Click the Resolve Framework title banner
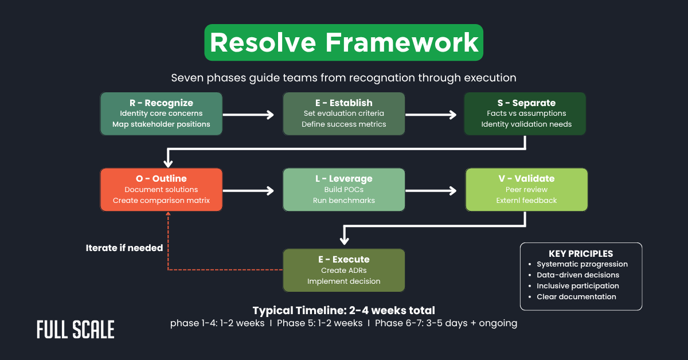(x=343, y=42)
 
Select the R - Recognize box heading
(x=161, y=103)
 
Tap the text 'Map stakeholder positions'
(x=161, y=124)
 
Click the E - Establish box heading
(x=344, y=103)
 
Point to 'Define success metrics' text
(x=344, y=124)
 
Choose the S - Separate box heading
(x=526, y=103)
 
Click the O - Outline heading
(x=161, y=178)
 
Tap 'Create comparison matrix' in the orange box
(x=161, y=200)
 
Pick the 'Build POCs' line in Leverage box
(x=344, y=189)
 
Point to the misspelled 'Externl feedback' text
(x=526, y=200)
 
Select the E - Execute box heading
(x=344, y=259)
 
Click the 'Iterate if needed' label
(x=124, y=248)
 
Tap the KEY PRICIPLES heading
(x=581, y=253)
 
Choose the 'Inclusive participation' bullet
(x=577, y=285)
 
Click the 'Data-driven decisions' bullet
(x=577, y=275)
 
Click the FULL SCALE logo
(x=76, y=330)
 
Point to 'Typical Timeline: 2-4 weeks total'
(x=343, y=310)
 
